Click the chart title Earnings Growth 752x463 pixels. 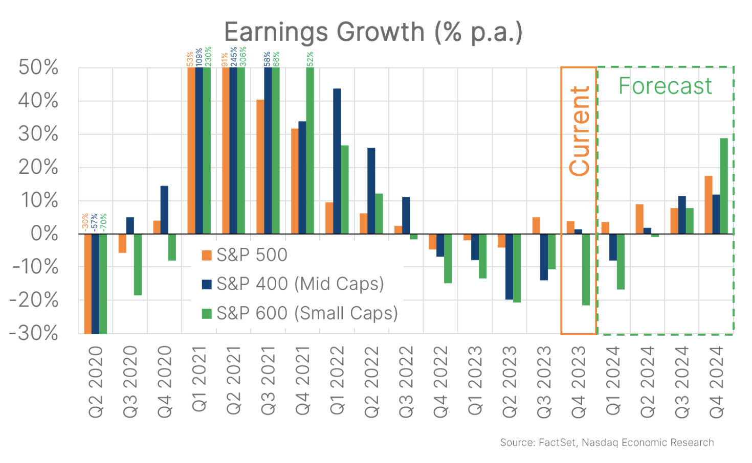tap(373, 32)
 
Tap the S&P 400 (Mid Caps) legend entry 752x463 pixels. tap(293, 284)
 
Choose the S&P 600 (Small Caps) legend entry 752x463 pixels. tap(300, 313)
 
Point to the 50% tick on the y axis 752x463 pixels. tap(38, 67)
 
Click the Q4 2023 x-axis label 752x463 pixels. tap(579, 381)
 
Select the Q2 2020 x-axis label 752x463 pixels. tap(96, 381)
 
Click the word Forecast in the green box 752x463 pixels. tap(665, 86)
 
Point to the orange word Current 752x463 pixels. tap(580, 131)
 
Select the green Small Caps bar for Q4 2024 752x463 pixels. tap(724, 186)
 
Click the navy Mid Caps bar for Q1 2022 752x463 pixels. tap(337, 161)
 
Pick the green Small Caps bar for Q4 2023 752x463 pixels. tap(586, 269)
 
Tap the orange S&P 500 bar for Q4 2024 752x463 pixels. tap(709, 205)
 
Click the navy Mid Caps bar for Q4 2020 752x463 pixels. tap(164, 210)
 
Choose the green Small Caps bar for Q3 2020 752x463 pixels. tap(138, 264)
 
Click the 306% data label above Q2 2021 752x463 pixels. tap(242, 56)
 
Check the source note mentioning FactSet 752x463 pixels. tap(607, 443)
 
